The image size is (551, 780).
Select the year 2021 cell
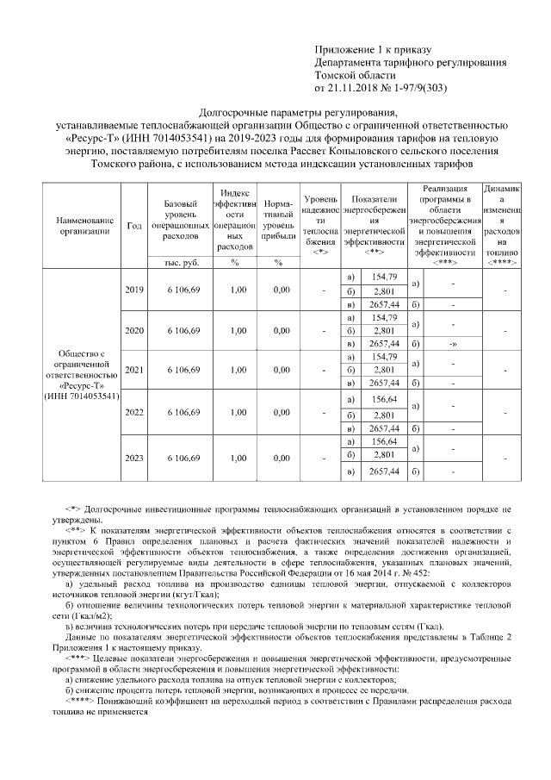[134, 370]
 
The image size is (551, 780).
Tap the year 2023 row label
[134, 458]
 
